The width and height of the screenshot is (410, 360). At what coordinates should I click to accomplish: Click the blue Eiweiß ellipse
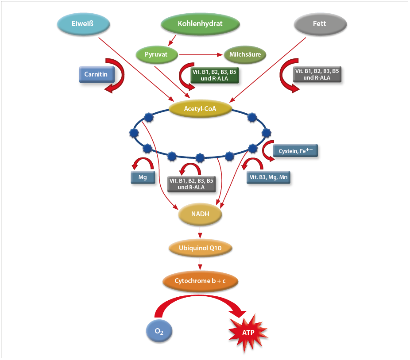(x=83, y=23)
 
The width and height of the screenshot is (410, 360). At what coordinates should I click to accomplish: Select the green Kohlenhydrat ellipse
(x=200, y=23)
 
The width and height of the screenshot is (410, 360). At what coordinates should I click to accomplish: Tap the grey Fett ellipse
(x=319, y=23)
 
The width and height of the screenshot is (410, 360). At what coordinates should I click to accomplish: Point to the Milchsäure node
(x=245, y=55)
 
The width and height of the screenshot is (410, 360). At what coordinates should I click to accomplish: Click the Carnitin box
(x=97, y=74)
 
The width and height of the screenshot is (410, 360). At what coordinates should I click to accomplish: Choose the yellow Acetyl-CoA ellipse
(x=201, y=109)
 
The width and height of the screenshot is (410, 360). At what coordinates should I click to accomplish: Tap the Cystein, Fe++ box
(x=296, y=151)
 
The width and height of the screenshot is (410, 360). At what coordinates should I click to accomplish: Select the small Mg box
(x=143, y=177)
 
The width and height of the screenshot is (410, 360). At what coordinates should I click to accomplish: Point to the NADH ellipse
(x=200, y=214)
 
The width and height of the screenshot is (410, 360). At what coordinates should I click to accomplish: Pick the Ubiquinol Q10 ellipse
(x=201, y=249)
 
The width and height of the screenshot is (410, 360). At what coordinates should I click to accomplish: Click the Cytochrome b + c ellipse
(x=201, y=280)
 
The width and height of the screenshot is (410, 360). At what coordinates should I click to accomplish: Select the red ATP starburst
(x=248, y=332)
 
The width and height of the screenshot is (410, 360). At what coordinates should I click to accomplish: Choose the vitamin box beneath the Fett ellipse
(x=317, y=74)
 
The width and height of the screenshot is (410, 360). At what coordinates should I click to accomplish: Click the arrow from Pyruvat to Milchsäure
(x=201, y=55)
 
